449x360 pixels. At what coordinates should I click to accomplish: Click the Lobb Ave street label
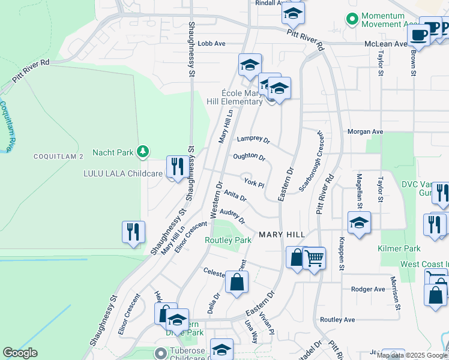211,44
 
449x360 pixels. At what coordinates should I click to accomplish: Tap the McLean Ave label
386,44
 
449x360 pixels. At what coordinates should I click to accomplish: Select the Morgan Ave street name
365,131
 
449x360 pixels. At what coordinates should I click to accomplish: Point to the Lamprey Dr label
253,139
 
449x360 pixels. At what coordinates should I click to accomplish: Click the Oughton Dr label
249,157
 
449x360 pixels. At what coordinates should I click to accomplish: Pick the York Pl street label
253,182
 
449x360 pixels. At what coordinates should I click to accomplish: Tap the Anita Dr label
235,196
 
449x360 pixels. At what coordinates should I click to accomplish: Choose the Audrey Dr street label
232,215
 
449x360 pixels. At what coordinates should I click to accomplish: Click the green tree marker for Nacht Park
143,152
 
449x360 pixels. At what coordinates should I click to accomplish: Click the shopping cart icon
315,259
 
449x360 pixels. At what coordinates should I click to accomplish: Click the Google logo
20,353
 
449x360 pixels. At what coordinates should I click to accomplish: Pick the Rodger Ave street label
368,289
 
